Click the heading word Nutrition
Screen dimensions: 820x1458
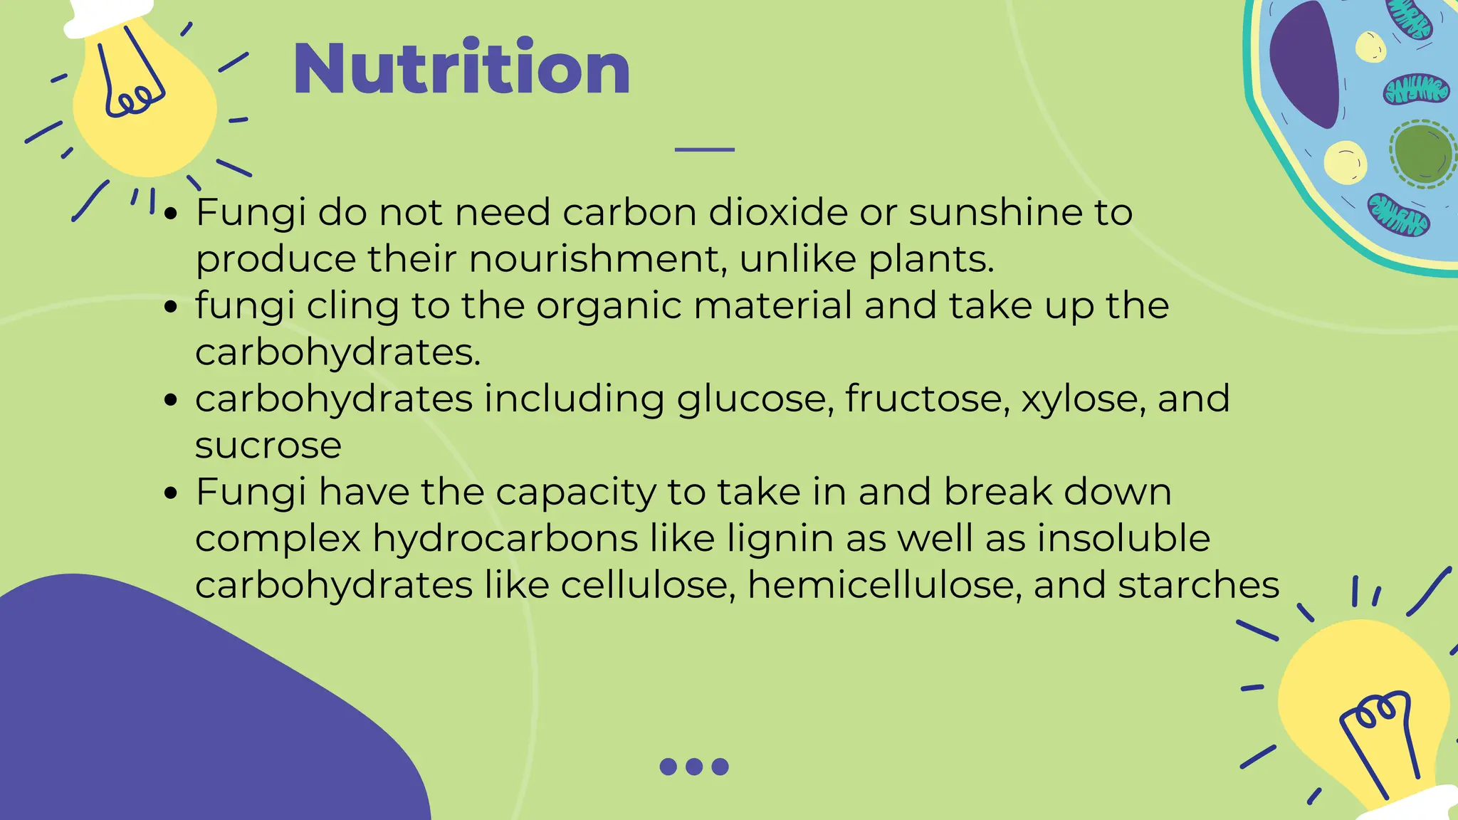point(461,68)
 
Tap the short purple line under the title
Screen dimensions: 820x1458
point(704,149)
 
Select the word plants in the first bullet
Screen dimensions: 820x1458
point(930,258)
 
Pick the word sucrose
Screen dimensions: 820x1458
point(268,446)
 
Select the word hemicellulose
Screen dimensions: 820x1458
point(885,585)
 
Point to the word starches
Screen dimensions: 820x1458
point(1198,585)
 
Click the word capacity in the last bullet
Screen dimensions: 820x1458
point(575,493)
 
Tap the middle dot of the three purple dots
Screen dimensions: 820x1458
point(694,767)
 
